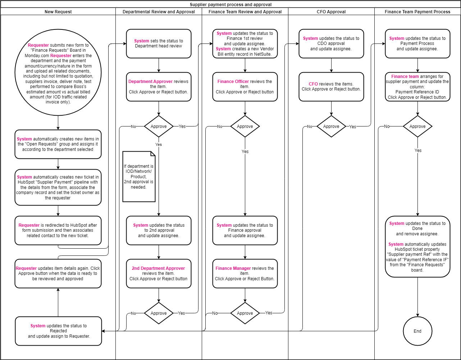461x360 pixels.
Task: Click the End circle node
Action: [x=417, y=331]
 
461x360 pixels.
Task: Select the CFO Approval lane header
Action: [x=331, y=12]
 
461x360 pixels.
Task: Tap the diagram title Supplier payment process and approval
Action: [x=230, y=5]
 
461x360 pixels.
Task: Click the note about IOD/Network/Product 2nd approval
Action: [x=139, y=177]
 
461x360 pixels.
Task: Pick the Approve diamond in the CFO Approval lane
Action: [x=331, y=126]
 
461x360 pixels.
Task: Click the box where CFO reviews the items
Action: [x=331, y=87]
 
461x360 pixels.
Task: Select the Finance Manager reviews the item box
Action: [x=245, y=273]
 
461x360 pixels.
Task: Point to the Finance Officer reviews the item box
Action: [x=245, y=87]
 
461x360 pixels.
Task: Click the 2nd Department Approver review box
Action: [x=159, y=273]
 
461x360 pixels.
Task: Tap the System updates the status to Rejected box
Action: [x=58, y=331]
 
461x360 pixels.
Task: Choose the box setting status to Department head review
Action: [x=159, y=43]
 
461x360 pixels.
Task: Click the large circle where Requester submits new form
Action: [x=58, y=74]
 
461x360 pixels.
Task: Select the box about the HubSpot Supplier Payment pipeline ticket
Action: [x=58, y=187]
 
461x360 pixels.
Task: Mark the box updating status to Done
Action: [x=417, y=246]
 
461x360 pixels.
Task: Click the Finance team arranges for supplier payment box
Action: [x=417, y=87]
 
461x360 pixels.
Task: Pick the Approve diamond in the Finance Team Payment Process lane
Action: [x=417, y=126]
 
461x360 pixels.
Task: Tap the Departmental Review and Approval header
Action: [x=159, y=12]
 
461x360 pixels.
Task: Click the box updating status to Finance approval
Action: [x=245, y=230]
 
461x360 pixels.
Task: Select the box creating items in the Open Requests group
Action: [x=58, y=144]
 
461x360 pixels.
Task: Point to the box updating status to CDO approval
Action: [x=331, y=43]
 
